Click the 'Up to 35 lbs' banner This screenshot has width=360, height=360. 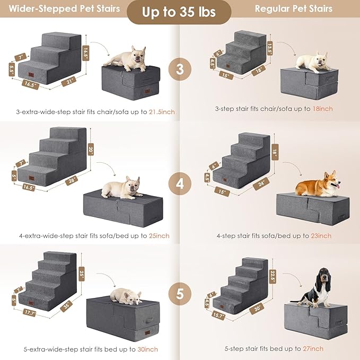180,12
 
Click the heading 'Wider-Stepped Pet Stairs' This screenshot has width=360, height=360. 64,9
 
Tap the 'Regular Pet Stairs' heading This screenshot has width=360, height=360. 293,9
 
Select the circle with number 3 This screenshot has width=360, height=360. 180,69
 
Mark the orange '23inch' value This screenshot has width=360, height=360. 321,235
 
